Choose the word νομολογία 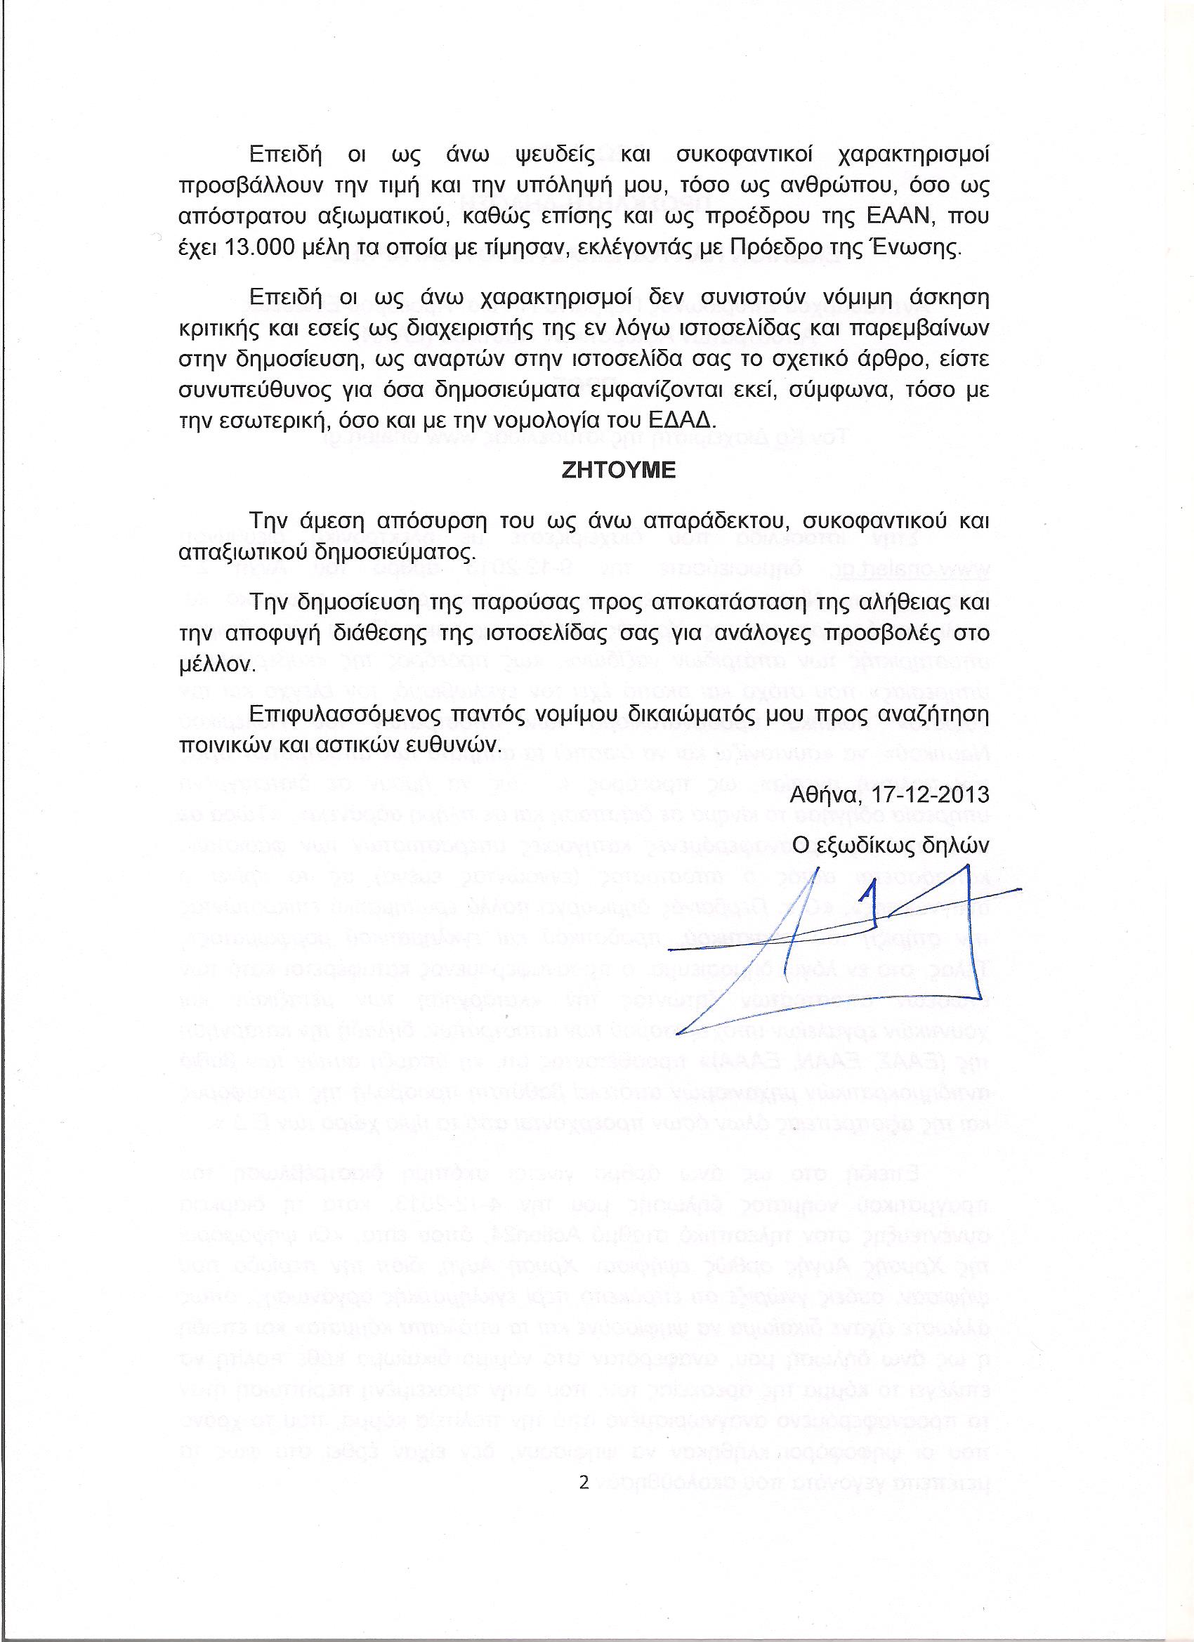tap(579, 420)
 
